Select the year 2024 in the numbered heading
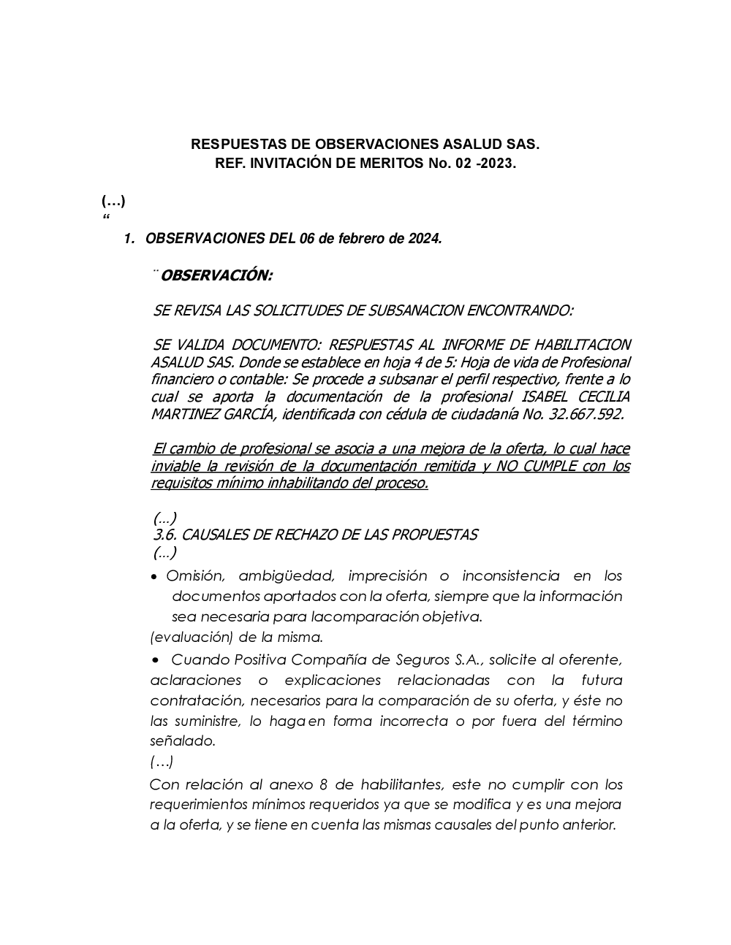coord(425,239)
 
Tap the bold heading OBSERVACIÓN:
coord(216,276)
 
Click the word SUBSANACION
coord(405,310)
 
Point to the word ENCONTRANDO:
coord(520,310)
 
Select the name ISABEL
coord(546,397)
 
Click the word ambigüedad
coord(286,576)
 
